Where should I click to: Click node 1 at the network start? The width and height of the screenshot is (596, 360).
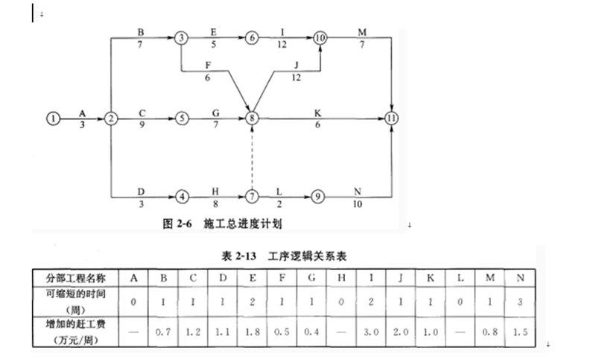tap(53, 119)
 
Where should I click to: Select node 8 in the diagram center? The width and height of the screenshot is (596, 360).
tap(252, 119)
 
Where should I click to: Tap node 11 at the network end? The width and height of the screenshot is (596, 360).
tap(391, 119)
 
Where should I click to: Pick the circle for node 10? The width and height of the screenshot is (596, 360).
tap(320, 37)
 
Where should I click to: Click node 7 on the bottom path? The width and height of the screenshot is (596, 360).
tap(252, 197)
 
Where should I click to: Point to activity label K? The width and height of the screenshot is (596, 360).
tap(317, 113)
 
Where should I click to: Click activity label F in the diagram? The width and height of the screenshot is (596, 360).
tap(208, 66)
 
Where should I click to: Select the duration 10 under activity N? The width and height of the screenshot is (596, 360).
tap(358, 204)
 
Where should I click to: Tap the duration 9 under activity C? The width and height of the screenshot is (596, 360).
tap(142, 124)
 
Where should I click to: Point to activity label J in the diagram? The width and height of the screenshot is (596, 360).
tap(296, 66)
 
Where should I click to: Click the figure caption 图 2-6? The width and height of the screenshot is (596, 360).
tap(177, 224)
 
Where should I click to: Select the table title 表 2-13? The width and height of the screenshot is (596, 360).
tap(238, 256)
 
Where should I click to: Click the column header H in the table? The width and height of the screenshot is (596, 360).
tap(341, 278)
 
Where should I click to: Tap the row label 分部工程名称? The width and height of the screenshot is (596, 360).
tap(76, 278)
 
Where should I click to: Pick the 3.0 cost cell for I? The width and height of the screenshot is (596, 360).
tap(371, 332)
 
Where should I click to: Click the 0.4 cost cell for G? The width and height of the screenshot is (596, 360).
tap(311, 332)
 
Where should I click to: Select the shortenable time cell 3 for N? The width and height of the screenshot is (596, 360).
tap(520, 302)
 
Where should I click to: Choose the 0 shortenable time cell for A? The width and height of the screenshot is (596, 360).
tap(133, 302)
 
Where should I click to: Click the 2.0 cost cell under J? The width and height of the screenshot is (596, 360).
tap(401, 332)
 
